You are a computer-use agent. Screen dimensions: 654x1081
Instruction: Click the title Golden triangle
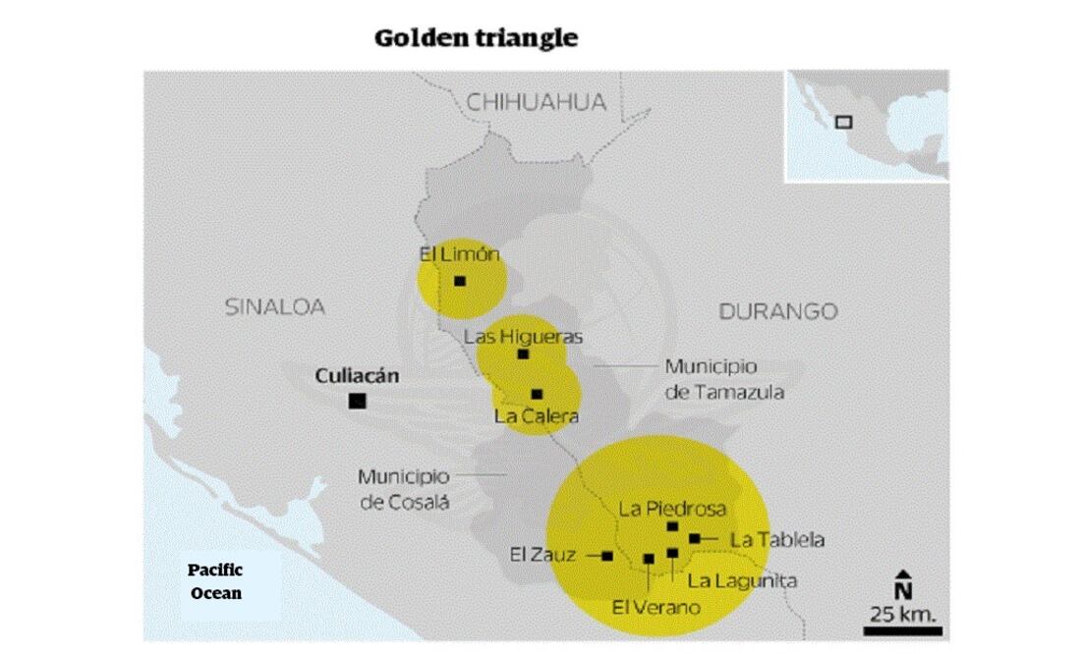point(476,39)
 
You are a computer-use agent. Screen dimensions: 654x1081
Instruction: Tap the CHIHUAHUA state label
point(536,102)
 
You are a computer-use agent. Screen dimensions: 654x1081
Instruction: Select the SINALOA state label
point(275,306)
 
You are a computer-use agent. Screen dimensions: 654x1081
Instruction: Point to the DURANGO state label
point(778,311)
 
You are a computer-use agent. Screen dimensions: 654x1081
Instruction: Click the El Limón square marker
point(460,281)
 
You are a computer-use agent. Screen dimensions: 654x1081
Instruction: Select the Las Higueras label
point(523,337)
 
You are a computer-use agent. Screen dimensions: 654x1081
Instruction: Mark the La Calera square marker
point(537,394)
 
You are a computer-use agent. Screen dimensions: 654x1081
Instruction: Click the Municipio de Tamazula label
point(724,379)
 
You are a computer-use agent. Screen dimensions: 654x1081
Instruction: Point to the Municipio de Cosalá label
point(403,489)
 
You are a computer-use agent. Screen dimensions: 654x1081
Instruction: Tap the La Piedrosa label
point(672,510)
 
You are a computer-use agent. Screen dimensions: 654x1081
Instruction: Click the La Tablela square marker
point(694,538)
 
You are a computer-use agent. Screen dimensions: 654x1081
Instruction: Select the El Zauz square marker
point(607,556)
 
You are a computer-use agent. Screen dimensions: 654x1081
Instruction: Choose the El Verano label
point(656,607)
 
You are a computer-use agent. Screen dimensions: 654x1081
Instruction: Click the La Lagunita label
point(742,580)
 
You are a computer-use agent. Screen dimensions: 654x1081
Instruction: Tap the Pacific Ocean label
point(215,581)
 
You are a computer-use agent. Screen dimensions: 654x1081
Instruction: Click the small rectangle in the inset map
point(843,122)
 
